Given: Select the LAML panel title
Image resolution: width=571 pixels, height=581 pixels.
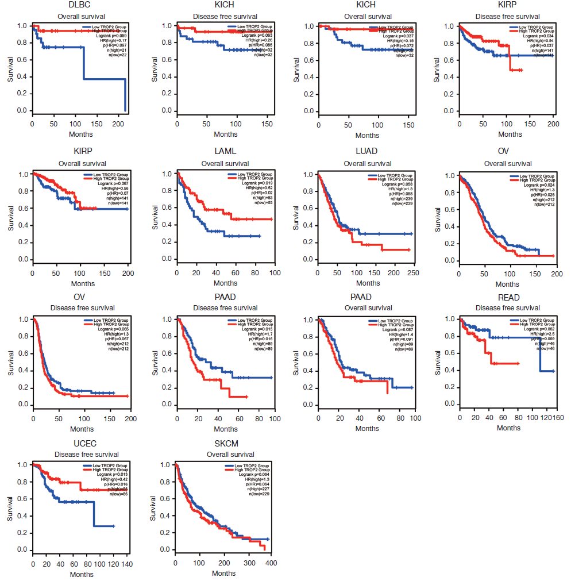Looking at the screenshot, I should tap(225, 152).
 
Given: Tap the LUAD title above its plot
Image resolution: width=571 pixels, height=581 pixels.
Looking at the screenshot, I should tap(367, 152).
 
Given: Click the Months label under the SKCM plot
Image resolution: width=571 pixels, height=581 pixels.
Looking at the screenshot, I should tap(223, 573).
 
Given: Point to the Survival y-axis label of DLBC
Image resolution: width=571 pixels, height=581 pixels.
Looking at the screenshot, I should tap(10, 68).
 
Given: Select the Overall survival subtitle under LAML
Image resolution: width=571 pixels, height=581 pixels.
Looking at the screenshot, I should tap(225, 163).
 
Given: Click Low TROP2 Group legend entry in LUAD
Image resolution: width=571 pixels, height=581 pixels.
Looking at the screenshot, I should tap(395, 175).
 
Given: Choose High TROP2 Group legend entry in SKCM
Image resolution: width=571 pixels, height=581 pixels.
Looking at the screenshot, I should tap(251, 469).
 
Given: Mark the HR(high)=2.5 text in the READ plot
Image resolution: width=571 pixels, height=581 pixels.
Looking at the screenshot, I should tap(543, 334).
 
